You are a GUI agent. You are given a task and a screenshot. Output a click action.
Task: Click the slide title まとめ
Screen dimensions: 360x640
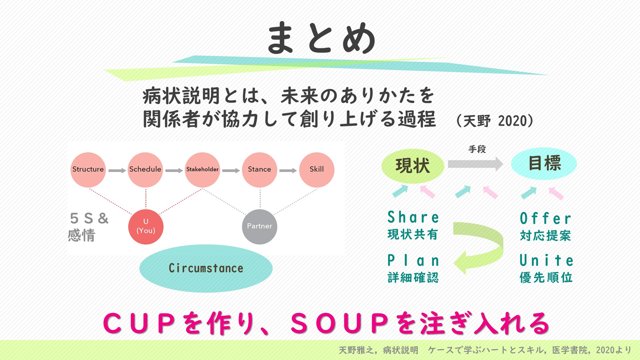321,39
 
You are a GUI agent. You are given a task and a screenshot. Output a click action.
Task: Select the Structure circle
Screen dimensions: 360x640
88,169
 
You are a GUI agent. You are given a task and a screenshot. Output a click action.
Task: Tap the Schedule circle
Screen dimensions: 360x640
145,169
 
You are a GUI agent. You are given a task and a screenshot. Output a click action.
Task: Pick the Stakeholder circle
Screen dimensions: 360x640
202,169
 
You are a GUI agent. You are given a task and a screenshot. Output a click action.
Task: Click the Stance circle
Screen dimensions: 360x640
260,169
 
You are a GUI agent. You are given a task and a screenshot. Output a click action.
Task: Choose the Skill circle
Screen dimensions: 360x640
316,169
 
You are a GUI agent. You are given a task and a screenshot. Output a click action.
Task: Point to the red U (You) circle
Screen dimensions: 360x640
146,226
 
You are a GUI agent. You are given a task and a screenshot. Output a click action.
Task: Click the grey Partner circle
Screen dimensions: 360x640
260,226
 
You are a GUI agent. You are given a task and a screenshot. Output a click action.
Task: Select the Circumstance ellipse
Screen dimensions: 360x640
206,268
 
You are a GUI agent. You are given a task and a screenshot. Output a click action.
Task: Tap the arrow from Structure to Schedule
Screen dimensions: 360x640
117,170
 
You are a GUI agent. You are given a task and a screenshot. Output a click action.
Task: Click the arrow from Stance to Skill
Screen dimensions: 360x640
288,170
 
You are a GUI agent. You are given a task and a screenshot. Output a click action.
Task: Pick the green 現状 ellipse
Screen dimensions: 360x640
413,166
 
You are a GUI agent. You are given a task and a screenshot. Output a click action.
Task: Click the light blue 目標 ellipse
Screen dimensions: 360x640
544,164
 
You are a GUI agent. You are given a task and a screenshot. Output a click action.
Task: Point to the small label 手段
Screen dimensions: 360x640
477,149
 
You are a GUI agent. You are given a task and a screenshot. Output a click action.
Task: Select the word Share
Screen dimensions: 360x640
413,217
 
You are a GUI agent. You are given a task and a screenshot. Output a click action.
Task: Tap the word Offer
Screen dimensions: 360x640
545,219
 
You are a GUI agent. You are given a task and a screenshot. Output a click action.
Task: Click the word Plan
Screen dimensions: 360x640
413,260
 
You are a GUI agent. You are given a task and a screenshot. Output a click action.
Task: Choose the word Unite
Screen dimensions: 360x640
546,260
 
